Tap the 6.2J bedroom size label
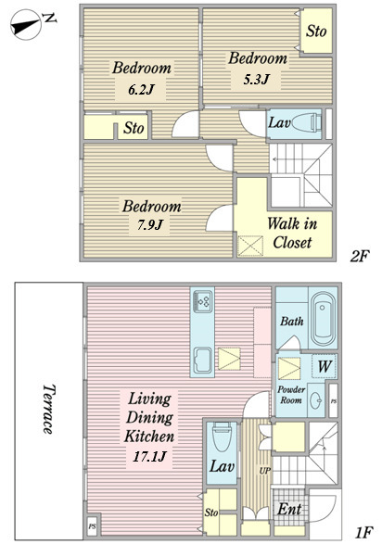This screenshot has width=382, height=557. (x=141, y=89)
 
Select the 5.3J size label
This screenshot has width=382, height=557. (x=256, y=79)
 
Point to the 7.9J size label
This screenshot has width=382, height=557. (x=149, y=224)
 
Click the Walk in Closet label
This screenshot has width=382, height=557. (x=292, y=233)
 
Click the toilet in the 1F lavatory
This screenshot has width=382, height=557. (x=222, y=437)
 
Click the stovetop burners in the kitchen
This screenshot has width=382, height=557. (x=203, y=302)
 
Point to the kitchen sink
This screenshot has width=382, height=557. (x=203, y=361)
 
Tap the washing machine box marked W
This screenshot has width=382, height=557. (x=325, y=366)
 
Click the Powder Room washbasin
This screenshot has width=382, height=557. (x=315, y=400)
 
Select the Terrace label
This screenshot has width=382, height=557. (x=48, y=409)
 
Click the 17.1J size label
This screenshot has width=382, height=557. (x=149, y=456)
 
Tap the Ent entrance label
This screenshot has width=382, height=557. (x=289, y=509)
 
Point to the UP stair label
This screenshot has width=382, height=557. (x=265, y=471)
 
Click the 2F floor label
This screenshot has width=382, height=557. (x=360, y=256)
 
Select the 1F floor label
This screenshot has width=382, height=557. (x=363, y=532)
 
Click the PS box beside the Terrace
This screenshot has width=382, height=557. (x=93, y=526)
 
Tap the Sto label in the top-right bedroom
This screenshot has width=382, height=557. (x=316, y=31)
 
